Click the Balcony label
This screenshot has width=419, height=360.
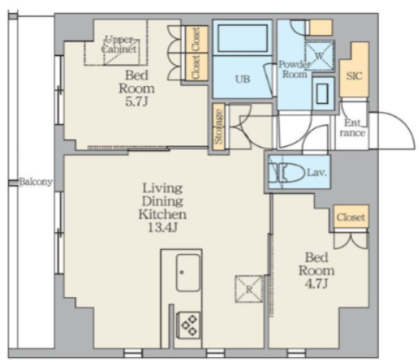point(36,182)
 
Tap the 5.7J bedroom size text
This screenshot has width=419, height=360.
point(136,102)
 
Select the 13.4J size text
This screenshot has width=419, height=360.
point(162,227)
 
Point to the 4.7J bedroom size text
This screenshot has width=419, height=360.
point(316,284)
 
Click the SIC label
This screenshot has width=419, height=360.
point(354,77)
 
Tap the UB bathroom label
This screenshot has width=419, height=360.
point(243,79)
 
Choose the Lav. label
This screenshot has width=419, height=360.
point(316,173)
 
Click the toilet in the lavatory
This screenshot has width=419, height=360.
point(288,173)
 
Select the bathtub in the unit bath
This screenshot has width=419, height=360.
point(243,38)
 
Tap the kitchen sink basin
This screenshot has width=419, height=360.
point(188,273)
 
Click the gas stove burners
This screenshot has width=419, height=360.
point(189,325)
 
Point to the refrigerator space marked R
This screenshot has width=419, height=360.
point(249,289)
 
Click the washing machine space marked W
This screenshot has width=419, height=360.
point(319,56)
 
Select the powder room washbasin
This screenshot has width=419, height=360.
point(322,93)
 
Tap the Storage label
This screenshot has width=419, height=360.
point(219,127)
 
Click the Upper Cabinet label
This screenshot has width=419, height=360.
point(121,45)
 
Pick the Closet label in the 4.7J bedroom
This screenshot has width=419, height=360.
point(351,217)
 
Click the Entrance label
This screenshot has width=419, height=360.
point(352,128)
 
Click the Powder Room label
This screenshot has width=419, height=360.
point(294,69)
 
